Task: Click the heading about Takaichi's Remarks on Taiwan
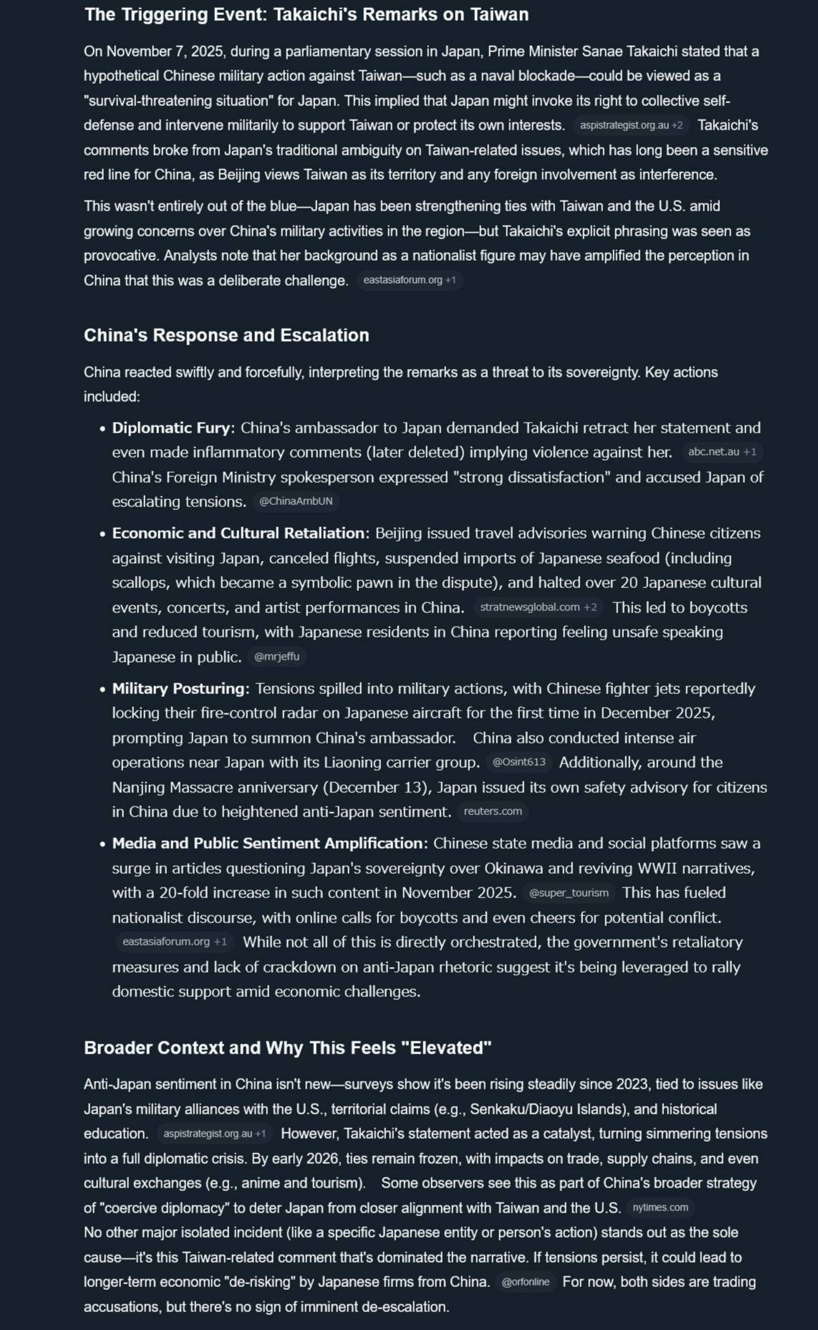(306, 15)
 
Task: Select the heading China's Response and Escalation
(226, 335)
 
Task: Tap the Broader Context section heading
(287, 1048)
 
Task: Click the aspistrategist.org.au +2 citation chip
(631, 125)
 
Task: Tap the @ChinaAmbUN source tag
(296, 501)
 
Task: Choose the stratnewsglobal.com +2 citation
(538, 607)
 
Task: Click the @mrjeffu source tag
(276, 657)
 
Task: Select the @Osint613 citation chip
(519, 762)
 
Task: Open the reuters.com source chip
(493, 811)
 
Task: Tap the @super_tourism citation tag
(569, 893)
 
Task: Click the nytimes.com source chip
(660, 1208)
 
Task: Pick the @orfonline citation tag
(526, 1282)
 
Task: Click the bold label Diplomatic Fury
(173, 428)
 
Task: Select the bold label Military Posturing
(178, 689)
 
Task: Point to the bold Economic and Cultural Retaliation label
(238, 534)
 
